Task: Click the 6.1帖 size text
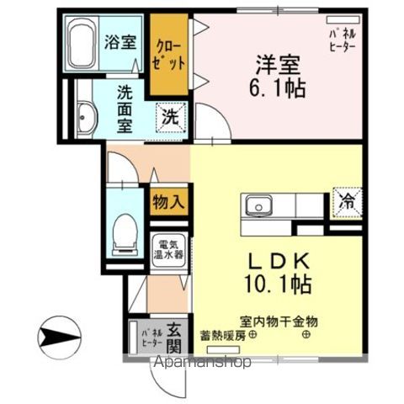point(277,88)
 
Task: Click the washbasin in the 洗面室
point(87,116)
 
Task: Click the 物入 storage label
point(168,201)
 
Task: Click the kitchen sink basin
point(257,205)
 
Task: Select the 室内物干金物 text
point(280,322)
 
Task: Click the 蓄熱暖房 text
point(222,335)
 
